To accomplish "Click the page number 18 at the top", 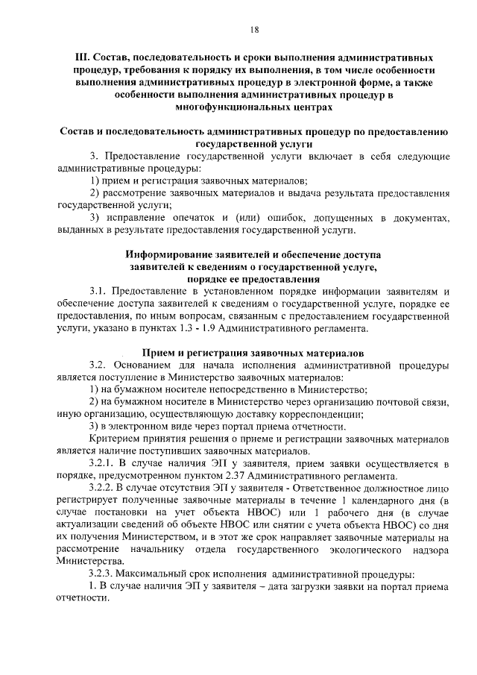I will pos(253,29).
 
